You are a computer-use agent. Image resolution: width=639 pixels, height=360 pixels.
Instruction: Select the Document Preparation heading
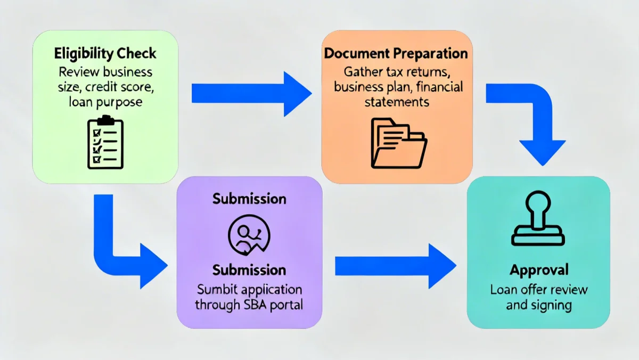pyautogui.click(x=396, y=54)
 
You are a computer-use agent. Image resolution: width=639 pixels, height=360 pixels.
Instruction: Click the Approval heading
pyautogui.click(x=539, y=270)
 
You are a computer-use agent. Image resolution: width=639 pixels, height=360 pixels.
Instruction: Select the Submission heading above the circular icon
pyautogui.click(x=249, y=199)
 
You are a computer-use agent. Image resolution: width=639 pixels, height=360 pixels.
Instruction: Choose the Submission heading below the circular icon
pyautogui.click(x=249, y=269)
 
